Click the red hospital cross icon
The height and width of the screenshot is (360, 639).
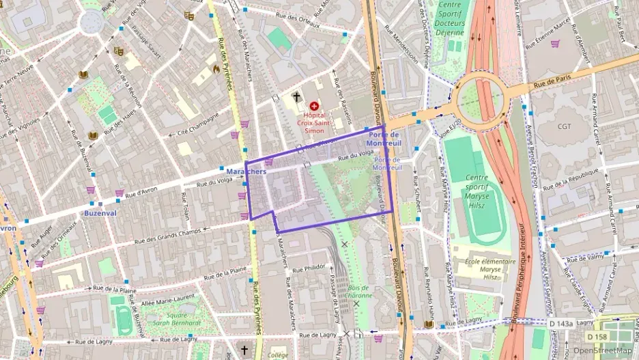[x=314, y=107]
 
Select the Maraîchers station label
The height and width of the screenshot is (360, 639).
[x=246, y=171]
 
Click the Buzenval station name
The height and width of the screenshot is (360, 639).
[x=101, y=213]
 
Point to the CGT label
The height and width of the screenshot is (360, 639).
[x=564, y=126]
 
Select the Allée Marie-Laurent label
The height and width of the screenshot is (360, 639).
[x=163, y=293]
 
